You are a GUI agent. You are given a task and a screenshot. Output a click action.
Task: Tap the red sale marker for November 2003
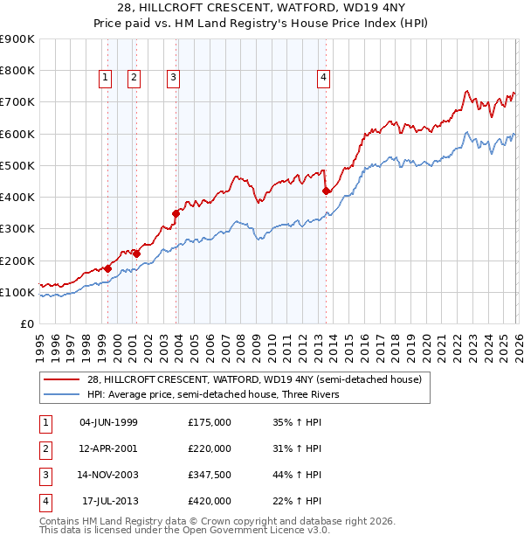click(x=176, y=212)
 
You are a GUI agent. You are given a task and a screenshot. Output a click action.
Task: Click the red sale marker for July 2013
click(x=326, y=190)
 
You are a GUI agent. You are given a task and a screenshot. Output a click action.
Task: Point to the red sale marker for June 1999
click(x=107, y=268)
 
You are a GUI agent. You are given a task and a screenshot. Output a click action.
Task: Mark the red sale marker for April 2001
click(x=136, y=254)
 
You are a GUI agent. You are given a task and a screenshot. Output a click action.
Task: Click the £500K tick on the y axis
click(x=17, y=165)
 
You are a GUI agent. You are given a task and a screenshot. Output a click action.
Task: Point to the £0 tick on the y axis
click(x=27, y=323)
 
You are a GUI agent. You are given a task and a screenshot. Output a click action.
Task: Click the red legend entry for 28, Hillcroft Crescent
click(x=254, y=379)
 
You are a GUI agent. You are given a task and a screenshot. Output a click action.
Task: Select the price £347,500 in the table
click(x=210, y=475)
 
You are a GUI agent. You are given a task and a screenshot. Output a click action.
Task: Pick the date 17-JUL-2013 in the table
click(x=109, y=501)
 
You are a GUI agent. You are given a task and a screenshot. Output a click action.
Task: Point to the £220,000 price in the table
click(x=210, y=448)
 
